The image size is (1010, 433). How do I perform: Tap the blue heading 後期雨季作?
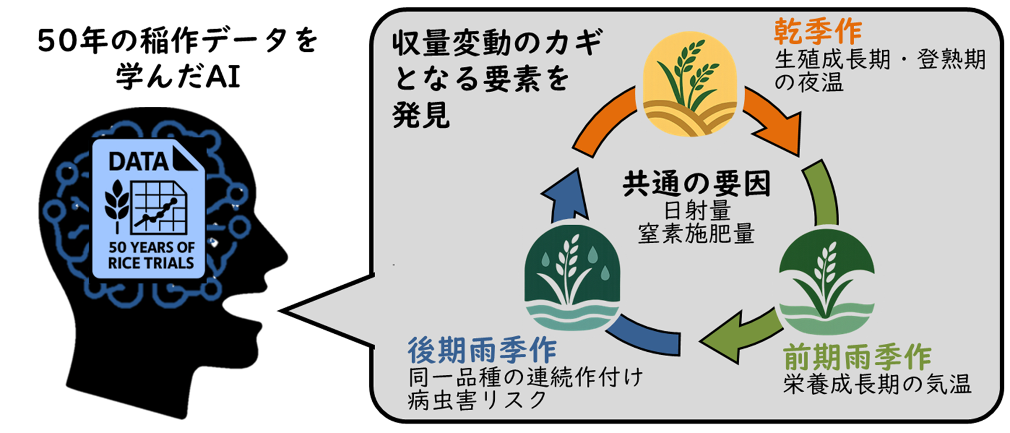pos(481,351)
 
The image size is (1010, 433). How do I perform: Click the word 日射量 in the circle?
pos(697,210)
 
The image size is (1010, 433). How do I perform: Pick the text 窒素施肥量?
pos(696,234)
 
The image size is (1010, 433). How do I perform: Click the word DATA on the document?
pos(138,162)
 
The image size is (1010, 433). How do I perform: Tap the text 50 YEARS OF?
pos(151,247)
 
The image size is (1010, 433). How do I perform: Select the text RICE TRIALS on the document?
pos(151,263)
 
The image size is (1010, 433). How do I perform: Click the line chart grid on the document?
pos(159,207)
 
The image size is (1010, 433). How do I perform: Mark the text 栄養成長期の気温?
pos(877,384)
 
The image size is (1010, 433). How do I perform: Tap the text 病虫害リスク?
pos(477,400)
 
